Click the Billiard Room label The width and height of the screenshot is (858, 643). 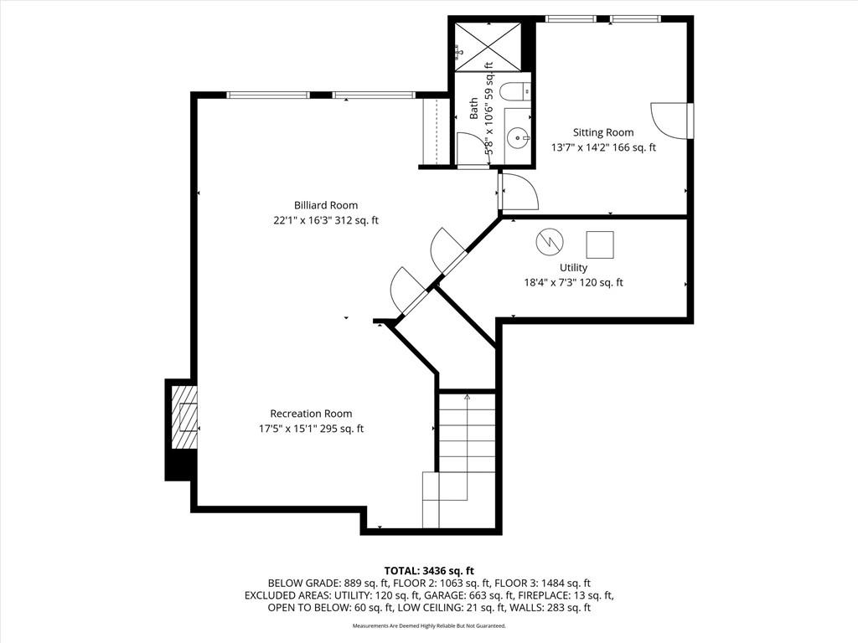pos(326,206)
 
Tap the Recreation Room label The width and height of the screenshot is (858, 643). pos(311,414)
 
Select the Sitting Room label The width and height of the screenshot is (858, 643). pos(603,132)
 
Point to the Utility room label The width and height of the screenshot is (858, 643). pos(573,267)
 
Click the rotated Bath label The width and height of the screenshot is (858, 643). pos(474,108)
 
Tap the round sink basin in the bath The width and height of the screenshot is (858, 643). pos(517,138)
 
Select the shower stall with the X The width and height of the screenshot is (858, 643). pos(487,47)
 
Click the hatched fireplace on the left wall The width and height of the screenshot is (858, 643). pos(183,418)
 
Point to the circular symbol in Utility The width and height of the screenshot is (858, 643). pos(550,242)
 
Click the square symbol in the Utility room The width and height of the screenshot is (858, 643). pos(600,244)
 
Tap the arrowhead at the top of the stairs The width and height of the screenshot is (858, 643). pos(467,397)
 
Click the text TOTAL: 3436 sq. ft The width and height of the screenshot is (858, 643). pos(429,572)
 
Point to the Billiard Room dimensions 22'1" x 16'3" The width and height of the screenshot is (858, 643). pos(302,221)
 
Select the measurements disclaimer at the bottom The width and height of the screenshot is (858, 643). pos(429,625)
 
